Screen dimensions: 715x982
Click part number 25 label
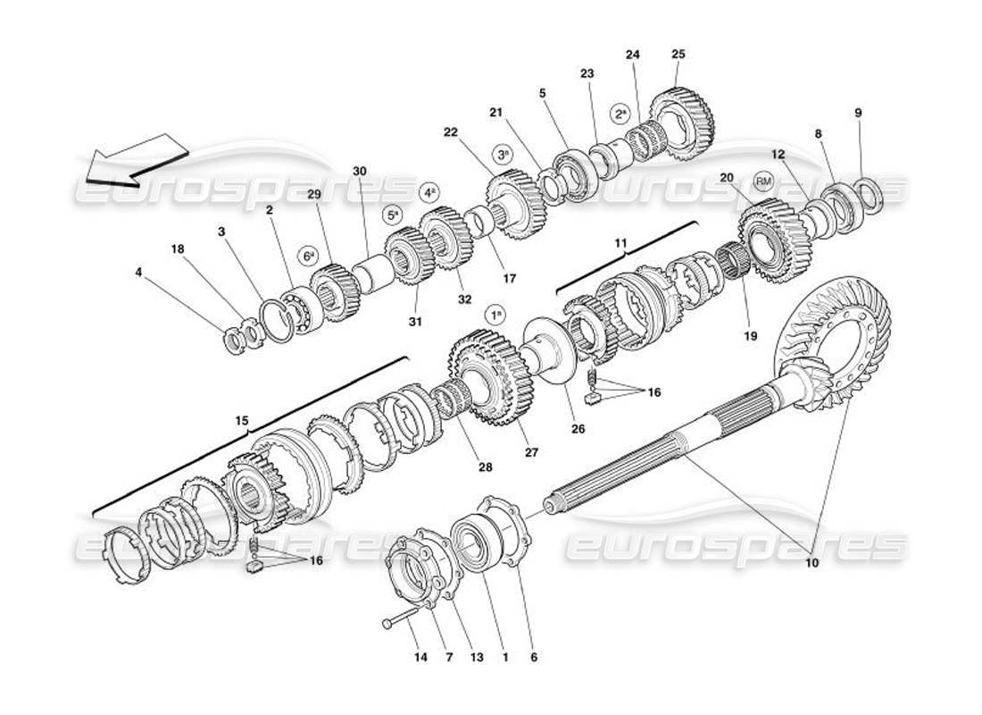pos(678,55)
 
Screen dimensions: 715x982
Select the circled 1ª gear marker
pos(495,315)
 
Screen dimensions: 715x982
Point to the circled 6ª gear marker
pos(308,254)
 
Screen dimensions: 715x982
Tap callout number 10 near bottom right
pos(811,564)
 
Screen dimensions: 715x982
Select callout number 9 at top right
pos(858,114)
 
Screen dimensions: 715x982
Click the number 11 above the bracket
pos(620,242)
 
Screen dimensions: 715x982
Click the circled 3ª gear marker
pos(504,154)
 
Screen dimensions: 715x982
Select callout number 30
pos(360,171)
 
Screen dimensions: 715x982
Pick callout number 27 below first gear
pos(532,452)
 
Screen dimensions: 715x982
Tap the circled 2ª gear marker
pos(620,114)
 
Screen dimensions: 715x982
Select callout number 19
pos(749,336)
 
